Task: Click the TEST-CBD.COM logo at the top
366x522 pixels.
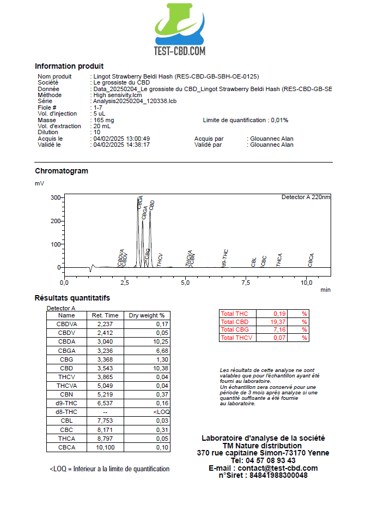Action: pyautogui.click(x=179, y=30)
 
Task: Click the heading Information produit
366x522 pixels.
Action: pyautogui.click(x=69, y=66)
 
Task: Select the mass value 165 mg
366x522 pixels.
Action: pyautogui.click(x=103, y=120)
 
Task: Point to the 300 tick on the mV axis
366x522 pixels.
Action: pyautogui.click(x=55, y=197)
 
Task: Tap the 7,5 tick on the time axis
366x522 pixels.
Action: pyautogui.click(x=246, y=283)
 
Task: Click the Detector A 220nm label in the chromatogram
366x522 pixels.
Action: pyautogui.click(x=306, y=197)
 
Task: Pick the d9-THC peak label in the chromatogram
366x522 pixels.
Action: pyautogui.click(x=225, y=258)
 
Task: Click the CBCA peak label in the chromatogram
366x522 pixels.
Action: pyautogui.click(x=311, y=260)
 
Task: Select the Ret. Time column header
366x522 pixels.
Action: pyautogui.click(x=105, y=315)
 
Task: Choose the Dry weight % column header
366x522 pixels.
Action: pyautogui.click(x=147, y=315)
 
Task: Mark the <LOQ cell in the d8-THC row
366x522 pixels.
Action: pyautogui.click(x=162, y=412)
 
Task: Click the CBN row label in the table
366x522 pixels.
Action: pyautogui.click(x=66, y=394)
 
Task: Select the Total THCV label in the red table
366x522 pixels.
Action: pyautogui.click(x=236, y=338)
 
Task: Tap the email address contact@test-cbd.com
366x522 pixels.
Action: pyautogui.click(x=278, y=468)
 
